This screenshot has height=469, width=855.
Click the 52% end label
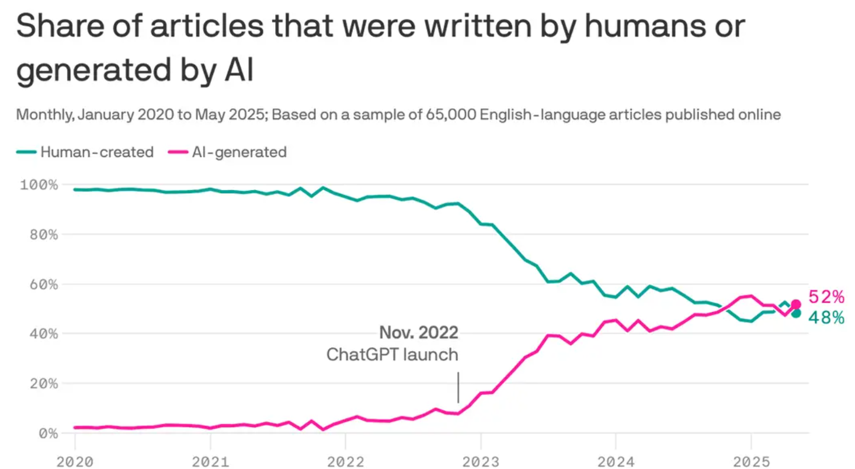tap(826, 297)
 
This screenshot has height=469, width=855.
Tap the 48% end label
tap(826, 318)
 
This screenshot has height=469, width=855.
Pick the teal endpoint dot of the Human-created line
tap(795, 313)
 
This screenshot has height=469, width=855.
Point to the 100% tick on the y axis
tap(39, 185)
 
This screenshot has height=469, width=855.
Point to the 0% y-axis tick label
tap(46, 433)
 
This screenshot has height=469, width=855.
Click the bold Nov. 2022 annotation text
tap(419, 333)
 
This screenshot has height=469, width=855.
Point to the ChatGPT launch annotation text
tap(392, 354)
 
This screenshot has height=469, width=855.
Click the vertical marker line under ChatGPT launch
tap(458, 387)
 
